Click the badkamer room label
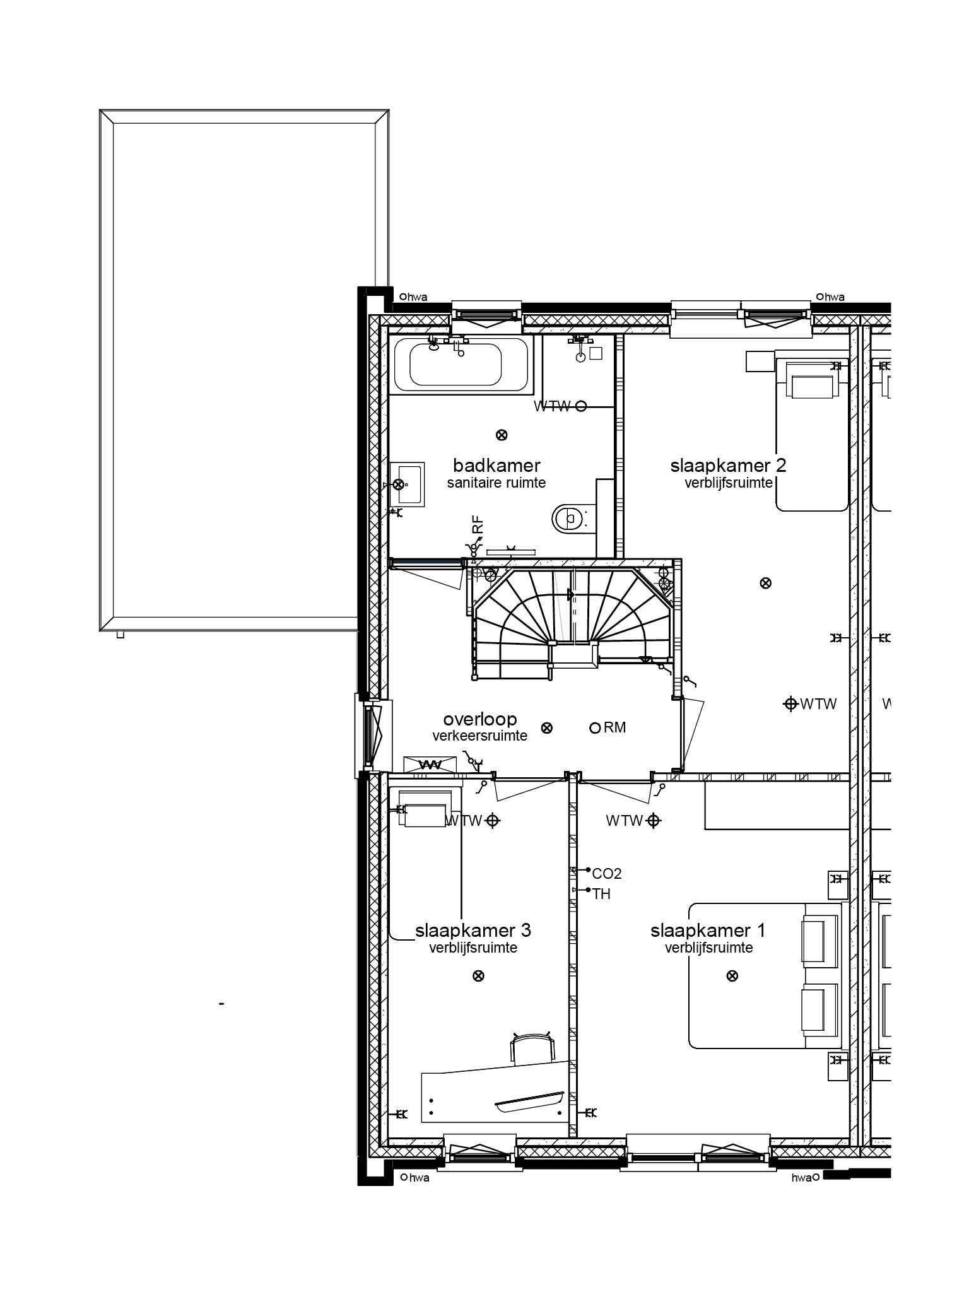496,466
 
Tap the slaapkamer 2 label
728,466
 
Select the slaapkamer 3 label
473,931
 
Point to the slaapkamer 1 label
708,931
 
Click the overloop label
479,719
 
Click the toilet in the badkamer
570,519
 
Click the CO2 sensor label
606,874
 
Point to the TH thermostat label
601,894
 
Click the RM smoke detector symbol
594,728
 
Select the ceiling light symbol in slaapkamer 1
732,976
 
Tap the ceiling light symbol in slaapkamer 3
478,976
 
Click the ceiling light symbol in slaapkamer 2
765,583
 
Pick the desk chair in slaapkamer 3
532,1048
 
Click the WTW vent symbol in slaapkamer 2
790,703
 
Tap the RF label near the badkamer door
478,525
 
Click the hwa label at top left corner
417,297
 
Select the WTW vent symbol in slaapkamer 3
493,821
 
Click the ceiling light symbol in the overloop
548,728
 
